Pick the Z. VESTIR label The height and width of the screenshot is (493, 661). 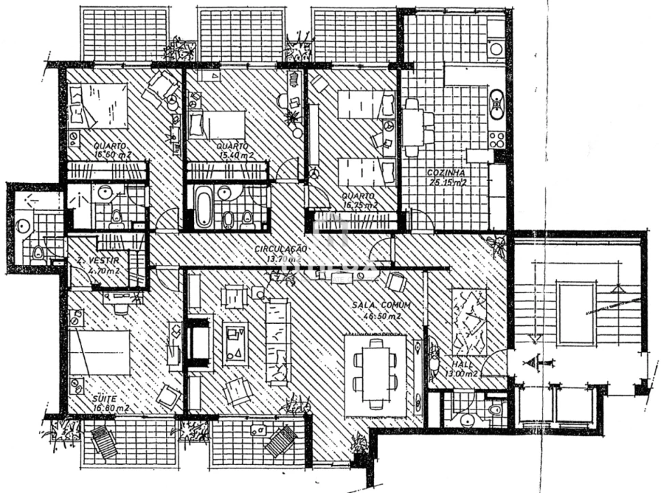(x=98, y=260)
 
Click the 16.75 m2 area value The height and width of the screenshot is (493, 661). (x=360, y=204)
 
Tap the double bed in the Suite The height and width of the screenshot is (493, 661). (x=99, y=353)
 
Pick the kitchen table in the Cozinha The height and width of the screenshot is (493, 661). (x=412, y=127)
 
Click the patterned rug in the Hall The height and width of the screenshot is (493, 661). (x=468, y=320)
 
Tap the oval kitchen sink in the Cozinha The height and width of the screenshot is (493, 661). (x=497, y=103)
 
